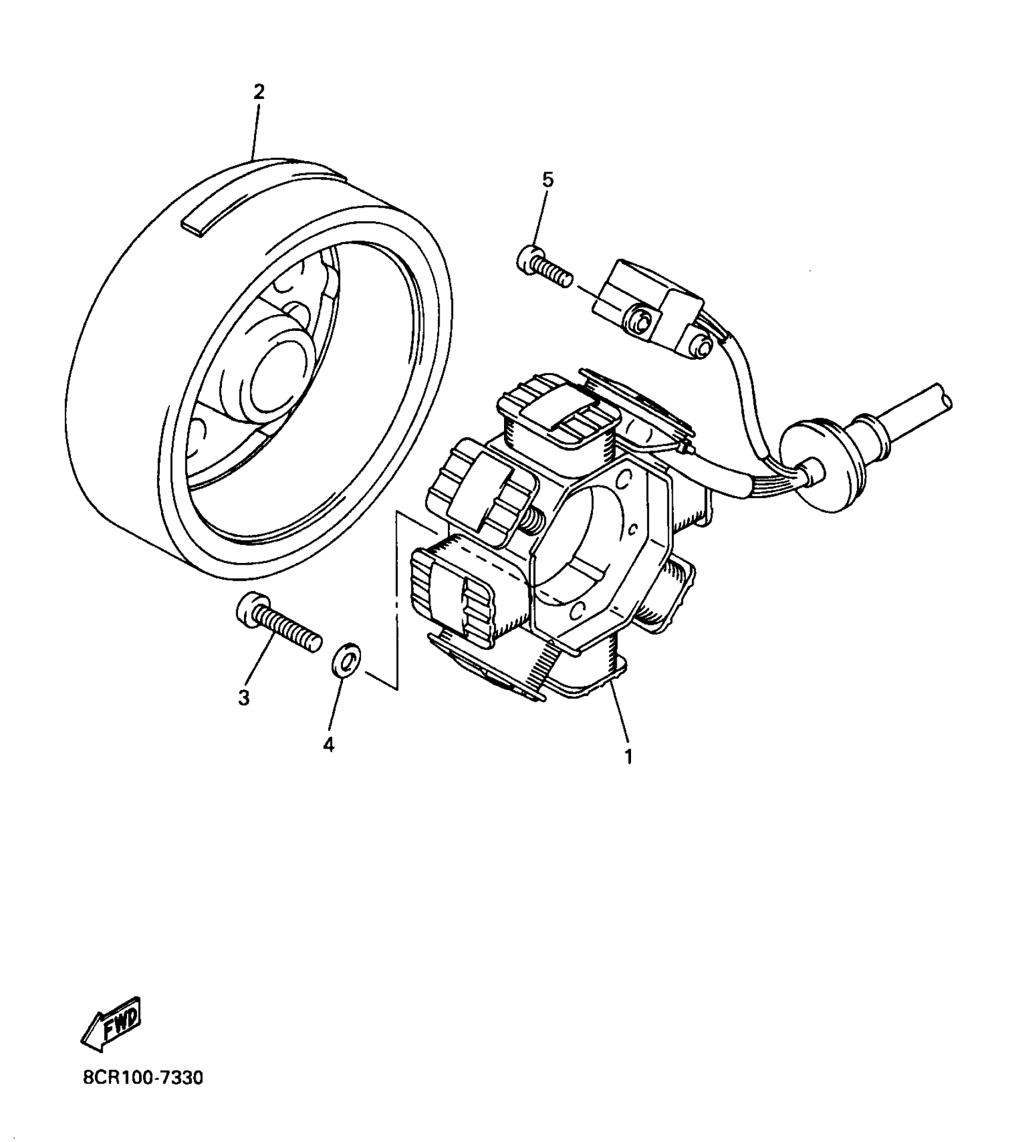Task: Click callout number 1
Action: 627,756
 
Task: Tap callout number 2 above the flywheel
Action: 259,92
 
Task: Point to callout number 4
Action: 329,744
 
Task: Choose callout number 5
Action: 548,179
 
